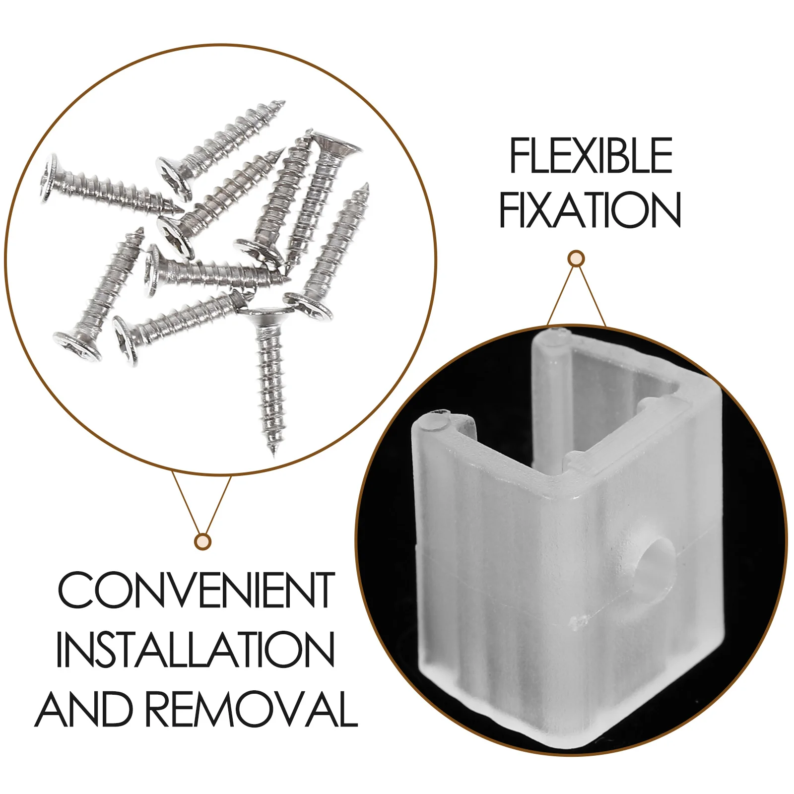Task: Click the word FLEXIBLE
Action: tap(591, 156)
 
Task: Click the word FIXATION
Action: tap(590, 210)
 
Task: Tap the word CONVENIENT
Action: tap(197, 591)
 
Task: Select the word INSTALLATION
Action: tap(196, 650)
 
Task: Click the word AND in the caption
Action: tap(84, 709)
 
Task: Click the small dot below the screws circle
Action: tap(202, 541)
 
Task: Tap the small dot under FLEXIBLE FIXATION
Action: tap(576, 259)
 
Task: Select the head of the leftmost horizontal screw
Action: tap(48, 178)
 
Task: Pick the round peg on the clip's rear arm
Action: tap(554, 335)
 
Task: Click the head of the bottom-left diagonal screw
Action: tap(77, 346)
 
